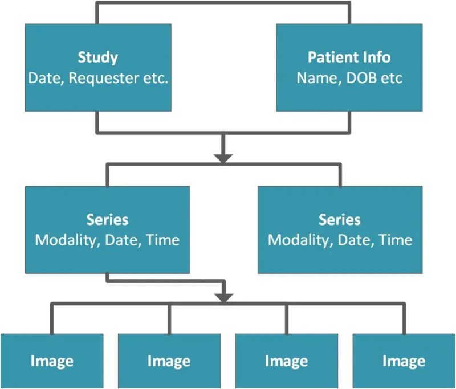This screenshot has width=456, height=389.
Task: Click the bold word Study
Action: (98, 58)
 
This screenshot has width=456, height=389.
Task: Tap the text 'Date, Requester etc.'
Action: (98, 77)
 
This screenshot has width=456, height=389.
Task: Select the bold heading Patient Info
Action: (349, 58)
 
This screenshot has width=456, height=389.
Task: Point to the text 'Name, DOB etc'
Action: (349, 77)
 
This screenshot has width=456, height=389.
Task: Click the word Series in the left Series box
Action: (107, 220)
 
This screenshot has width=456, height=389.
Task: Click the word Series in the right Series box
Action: (340, 220)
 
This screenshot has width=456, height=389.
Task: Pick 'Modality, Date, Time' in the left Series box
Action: (107, 240)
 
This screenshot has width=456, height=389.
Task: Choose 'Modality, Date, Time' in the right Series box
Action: (340, 240)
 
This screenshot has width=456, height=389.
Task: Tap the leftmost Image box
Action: (52, 361)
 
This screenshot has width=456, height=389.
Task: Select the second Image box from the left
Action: (169, 361)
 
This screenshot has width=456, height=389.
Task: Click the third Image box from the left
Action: (286, 361)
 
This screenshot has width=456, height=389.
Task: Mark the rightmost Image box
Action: (404, 361)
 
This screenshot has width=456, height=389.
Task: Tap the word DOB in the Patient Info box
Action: (357, 77)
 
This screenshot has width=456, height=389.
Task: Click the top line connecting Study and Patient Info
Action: (223, 3)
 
